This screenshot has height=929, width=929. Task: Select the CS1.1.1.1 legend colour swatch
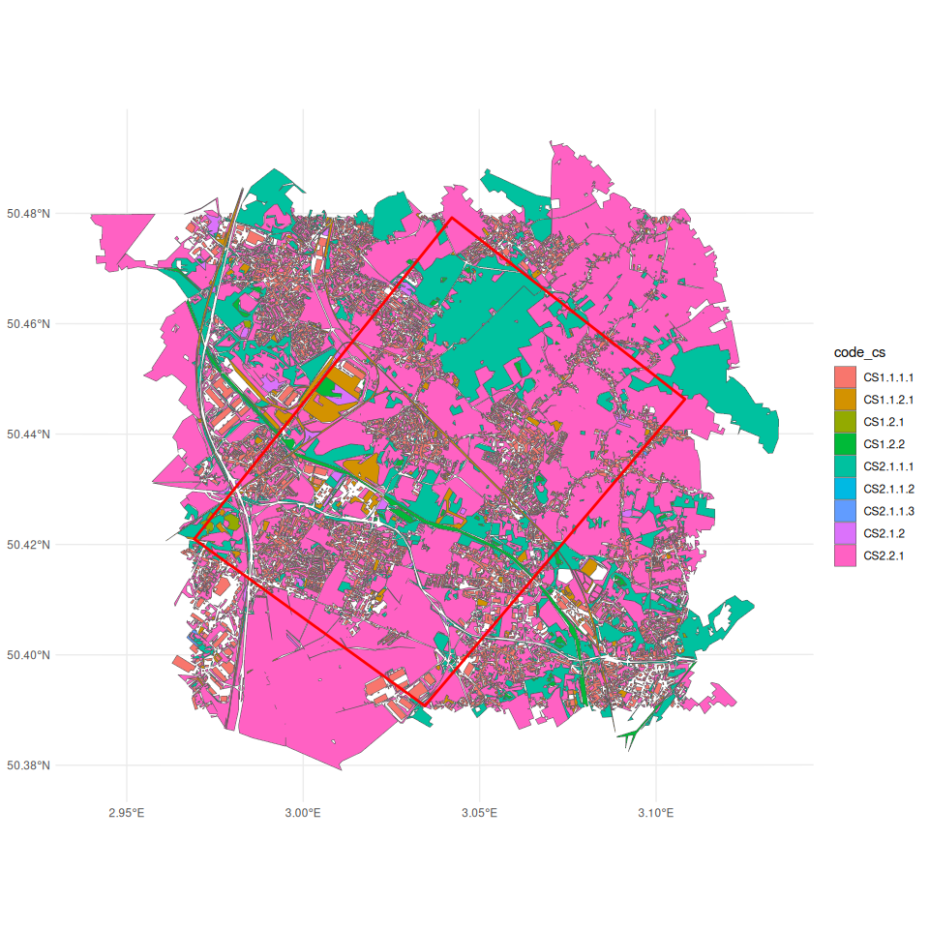point(846,376)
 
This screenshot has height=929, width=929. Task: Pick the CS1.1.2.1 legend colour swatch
point(846,399)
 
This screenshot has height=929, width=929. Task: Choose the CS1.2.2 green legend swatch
point(846,444)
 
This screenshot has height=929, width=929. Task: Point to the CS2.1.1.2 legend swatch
point(846,489)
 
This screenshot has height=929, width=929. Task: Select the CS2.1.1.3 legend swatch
point(846,511)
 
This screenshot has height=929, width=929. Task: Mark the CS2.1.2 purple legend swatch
point(846,533)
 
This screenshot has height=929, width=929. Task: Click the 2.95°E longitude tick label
point(127,812)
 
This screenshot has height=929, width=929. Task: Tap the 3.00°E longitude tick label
point(303,812)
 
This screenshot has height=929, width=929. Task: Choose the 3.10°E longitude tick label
point(655,812)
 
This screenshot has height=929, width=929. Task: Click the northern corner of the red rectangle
point(452,217)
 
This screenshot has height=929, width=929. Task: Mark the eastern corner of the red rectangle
point(685,398)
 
